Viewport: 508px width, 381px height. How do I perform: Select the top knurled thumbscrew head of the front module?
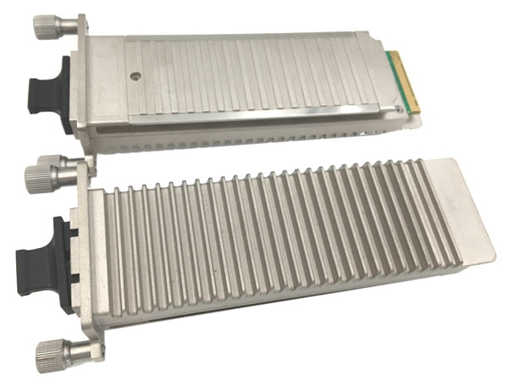coord(39,178)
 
